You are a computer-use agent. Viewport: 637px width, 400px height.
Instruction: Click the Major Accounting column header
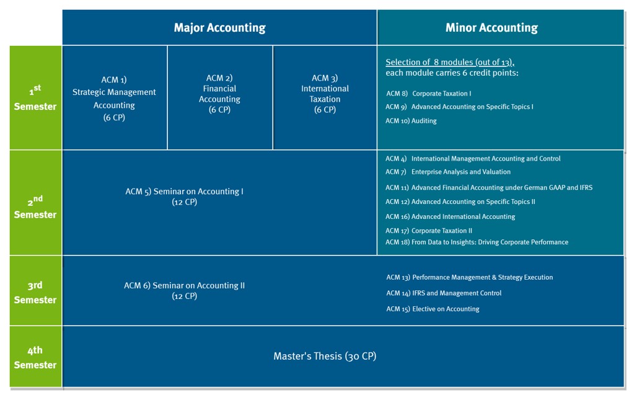(x=220, y=28)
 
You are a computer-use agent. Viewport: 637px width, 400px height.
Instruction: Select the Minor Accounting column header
(x=491, y=28)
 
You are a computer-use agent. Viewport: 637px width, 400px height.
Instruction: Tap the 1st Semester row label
(x=35, y=97)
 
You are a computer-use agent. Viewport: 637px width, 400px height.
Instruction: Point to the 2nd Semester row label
(x=35, y=207)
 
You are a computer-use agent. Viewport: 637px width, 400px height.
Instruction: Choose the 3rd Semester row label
(x=35, y=292)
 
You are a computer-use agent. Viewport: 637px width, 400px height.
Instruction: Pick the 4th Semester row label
(x=35, y=357)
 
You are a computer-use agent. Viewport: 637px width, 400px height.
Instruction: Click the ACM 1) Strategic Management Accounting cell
(x=114, y=98)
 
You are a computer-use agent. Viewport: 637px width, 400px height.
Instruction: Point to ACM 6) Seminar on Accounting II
(x=185, y=291)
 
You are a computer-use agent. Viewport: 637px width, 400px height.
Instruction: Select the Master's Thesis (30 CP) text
(x=325, y=356)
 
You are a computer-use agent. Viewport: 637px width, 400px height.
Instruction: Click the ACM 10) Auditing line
(x=411, y=121)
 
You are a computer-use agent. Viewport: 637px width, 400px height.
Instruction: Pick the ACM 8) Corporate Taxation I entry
(x=429, y=94)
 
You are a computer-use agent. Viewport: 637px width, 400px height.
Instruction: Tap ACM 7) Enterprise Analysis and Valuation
(x=447, y=172)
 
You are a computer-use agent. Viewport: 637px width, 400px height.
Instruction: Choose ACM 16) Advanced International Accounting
(x=450, y=216)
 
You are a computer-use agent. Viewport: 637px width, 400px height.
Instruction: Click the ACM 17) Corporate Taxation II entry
(x=429, y=231)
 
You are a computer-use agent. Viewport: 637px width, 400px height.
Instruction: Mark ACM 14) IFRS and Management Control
(x=444, y=293)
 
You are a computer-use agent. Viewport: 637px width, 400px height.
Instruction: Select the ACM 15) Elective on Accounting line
(x=433, y=309)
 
